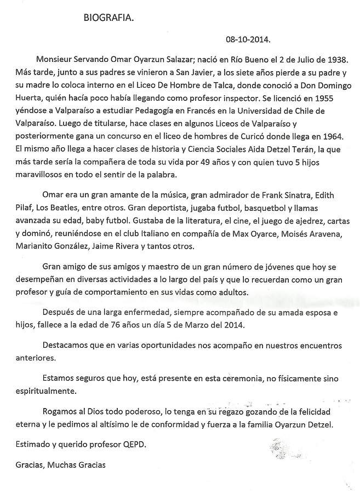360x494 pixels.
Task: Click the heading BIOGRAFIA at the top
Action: coord(108,18)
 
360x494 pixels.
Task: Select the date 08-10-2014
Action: coord(248,41)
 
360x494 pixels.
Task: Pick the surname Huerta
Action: coord(31,97)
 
